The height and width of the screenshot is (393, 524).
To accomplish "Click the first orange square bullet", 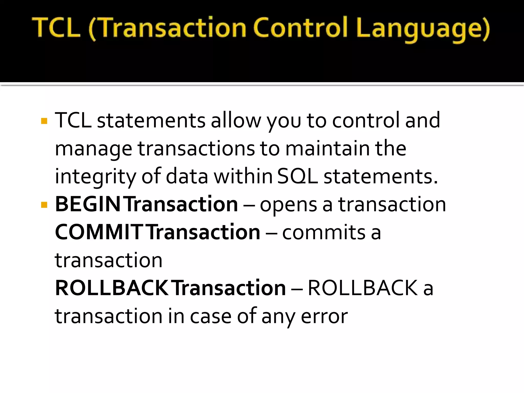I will coord(44,121).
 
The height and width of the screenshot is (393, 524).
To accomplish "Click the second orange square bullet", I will coord(44,205).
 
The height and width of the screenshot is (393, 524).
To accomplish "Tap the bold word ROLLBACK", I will coord(111,288).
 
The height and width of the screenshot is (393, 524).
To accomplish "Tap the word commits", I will coord(324,232).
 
